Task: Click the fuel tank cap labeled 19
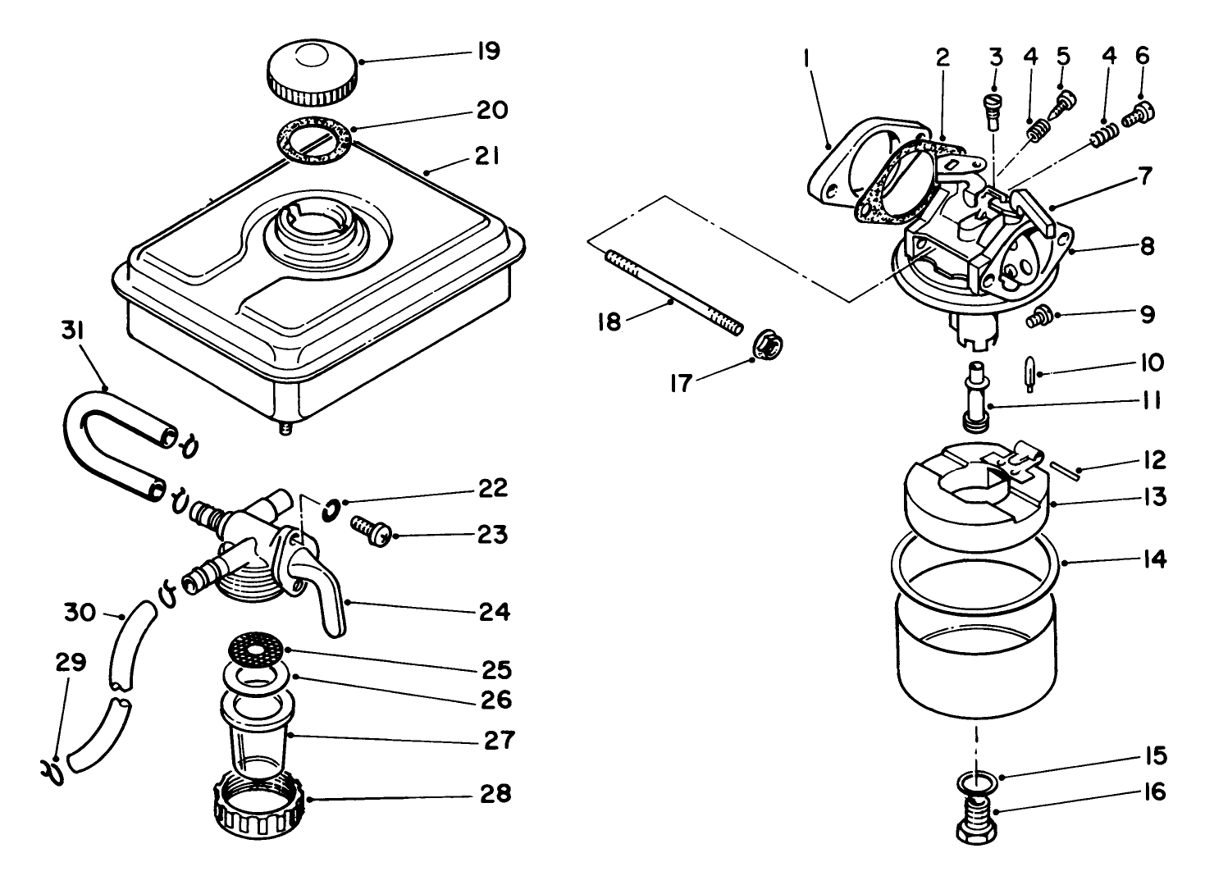pyautogui.click(x=313, y=73)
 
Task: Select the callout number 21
pyautogui.click(x=487, y=156)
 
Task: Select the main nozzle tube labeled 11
pyautogui.click(x=977, y=398)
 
